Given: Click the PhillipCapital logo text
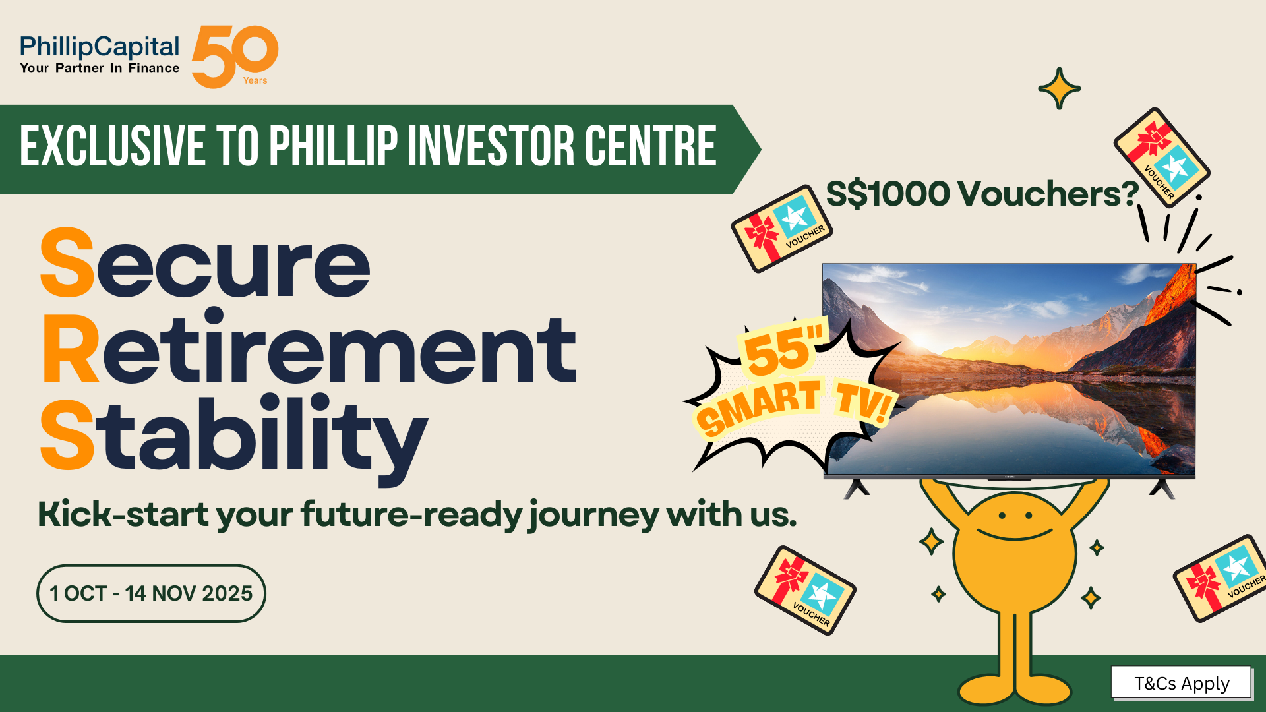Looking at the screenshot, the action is pyautogui.click(x=100, y=47).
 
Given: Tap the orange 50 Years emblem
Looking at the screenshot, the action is pyautogui.click(x=235, y=57).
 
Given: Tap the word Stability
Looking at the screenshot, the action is pyautogui.click(x=234, y=438).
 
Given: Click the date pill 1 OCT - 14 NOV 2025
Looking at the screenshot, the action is pyautogui.click(x=151, y=593).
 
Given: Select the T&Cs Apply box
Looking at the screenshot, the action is pyautogui.click(x=1182, y=683).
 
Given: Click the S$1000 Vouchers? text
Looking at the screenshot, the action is pyautogui.click(x=982, y=194).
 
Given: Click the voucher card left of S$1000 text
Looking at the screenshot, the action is pyautogui.click(x=782, y=229).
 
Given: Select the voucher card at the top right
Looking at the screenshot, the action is pyautogui.click(x=1162, y=158).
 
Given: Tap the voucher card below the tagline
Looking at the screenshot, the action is pyautogui.click(x=805, y=591).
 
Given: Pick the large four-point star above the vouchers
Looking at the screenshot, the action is pyautogui.click(x=1059, y=88).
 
